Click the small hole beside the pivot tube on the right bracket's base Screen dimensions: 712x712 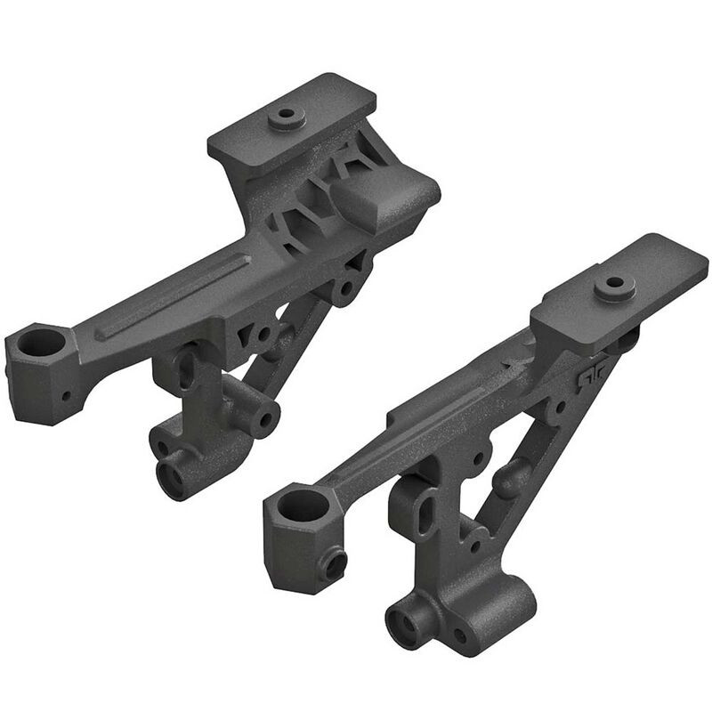click(x=460, y=635)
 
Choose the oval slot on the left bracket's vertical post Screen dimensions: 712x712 click(x=187, y=367)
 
